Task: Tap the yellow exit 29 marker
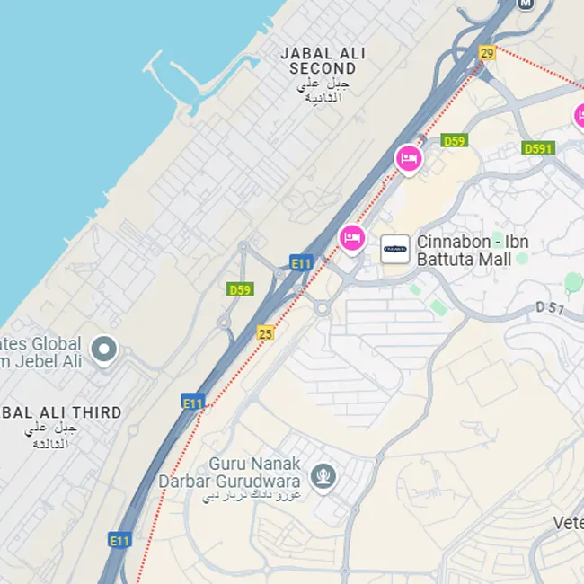tap(487, 53)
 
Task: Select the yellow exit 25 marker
tap(265, 333)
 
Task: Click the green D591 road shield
tap(538, 148)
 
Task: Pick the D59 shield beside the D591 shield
tap(455, 140)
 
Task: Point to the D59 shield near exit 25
tap(240, 289)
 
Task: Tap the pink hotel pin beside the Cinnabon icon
tap(352, 237)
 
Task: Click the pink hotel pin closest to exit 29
tap(409, 158)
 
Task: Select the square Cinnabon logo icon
tap(395, 250)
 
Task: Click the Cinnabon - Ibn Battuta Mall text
tap(473, 251)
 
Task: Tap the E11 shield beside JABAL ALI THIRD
tap(193, 403)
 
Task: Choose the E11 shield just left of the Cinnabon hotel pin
tap(301, 263)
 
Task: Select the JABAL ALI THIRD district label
tap(61, 412)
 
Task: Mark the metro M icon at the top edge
tap(526, 4)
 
